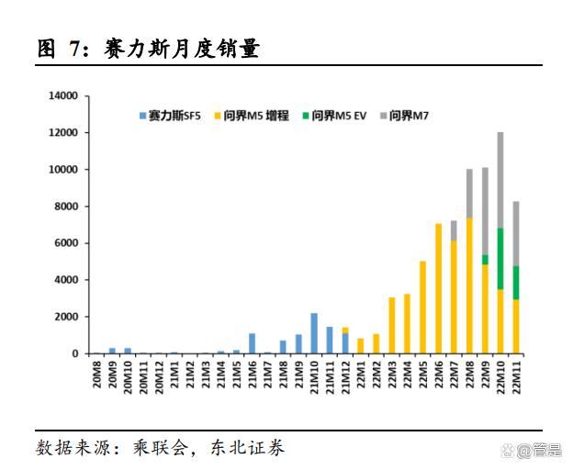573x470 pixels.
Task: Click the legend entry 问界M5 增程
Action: [x=256, y=116]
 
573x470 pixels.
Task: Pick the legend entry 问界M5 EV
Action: [x=339, y=116]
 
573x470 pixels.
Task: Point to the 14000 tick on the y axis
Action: [x=62, y=95]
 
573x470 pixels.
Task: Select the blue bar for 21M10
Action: [x=314, y=333]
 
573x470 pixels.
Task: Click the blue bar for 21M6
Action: [x=252, y=343]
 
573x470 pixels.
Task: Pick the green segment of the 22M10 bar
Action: [x=500, y=259]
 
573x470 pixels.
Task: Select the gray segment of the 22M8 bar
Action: [x=469, y=194]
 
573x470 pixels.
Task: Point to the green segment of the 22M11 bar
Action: [x=516, y=283]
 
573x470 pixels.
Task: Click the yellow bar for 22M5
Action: [x=422, y=308]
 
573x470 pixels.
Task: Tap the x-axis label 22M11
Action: [x=516, y=376]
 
